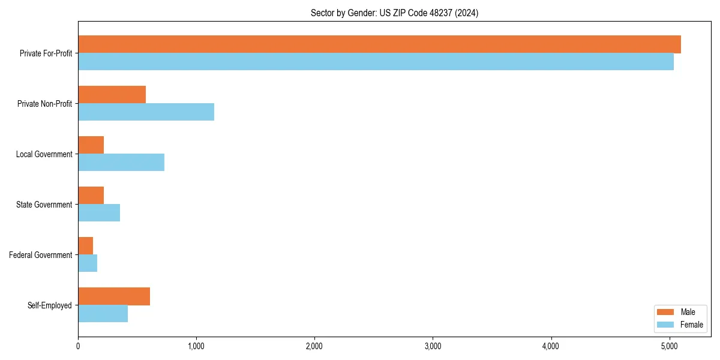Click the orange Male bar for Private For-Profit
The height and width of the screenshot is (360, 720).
pyautogui.click(x=379, y=44)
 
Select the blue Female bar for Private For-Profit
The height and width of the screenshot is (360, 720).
pyautogui.click(x=376, y=62)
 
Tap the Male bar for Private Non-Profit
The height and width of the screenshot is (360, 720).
pyautogui.click(x=112, y=95)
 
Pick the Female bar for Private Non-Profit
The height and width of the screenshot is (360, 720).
pyautogui.click(x=146, y=112)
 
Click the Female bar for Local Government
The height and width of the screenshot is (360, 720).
pyautogui.click(x=121, y=163)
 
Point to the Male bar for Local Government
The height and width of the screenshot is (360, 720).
pyautogui.click(x=91, y=145)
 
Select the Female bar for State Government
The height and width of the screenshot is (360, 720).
pyautogui.click(x=99, y=213)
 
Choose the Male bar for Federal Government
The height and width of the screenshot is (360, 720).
pyautogui.click(x=85, y=246)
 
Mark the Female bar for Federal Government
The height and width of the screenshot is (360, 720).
pyautogui.click(x=88, y=263)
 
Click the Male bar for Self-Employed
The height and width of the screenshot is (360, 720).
pyautogui.click(x=114, y=296)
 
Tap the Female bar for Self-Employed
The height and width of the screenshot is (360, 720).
pyautogui.click(x=103, y=314)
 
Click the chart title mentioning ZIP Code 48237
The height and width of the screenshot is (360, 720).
pyautogui.click(x=394, y=13)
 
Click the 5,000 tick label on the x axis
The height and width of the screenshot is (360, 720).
pyautogui.click(x=669, y=346)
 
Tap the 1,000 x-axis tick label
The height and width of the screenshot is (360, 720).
pyautogui.click(x=196, y=346)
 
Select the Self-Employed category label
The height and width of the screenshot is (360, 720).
pyautogui.click(x=50, y=305)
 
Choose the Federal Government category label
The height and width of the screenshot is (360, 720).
pyautogui.click(x=41, y=255)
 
